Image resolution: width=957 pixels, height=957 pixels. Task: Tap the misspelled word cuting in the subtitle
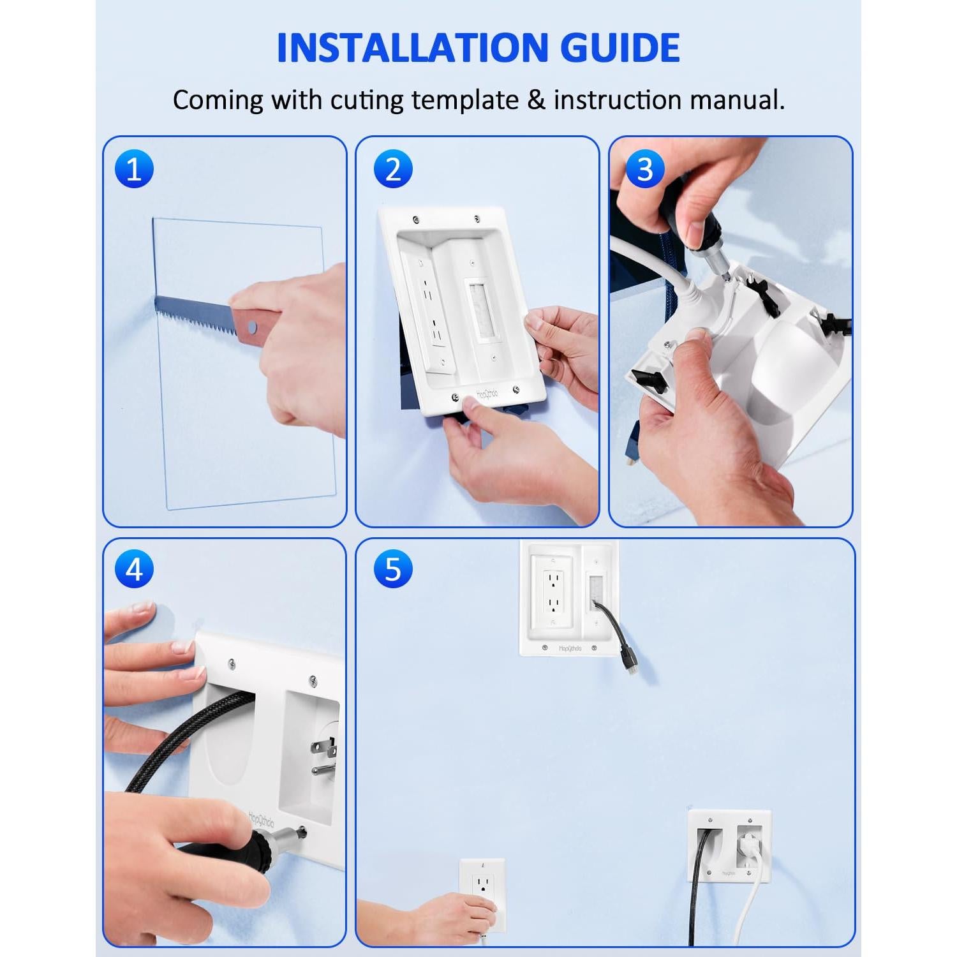tap(366, 101)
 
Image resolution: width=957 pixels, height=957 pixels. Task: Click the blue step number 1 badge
tap(134, 169)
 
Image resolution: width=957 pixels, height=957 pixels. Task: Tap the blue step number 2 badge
tap(393, 169)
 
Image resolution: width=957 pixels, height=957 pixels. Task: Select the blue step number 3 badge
tap(645, 169)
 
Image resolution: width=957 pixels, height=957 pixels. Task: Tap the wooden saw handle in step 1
tap(255, 325)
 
